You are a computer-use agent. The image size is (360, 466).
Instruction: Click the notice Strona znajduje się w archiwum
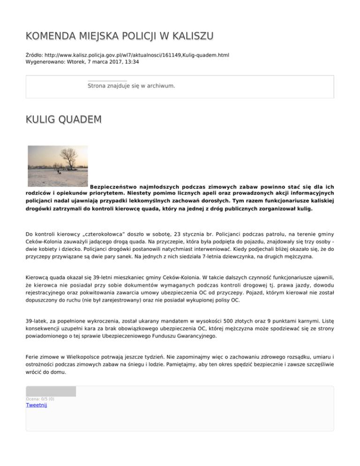131,86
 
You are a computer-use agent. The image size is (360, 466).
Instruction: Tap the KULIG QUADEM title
63,120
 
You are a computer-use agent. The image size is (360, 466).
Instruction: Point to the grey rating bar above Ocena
51,391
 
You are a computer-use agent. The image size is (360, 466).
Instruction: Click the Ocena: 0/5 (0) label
40,399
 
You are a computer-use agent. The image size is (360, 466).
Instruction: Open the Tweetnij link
36,406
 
